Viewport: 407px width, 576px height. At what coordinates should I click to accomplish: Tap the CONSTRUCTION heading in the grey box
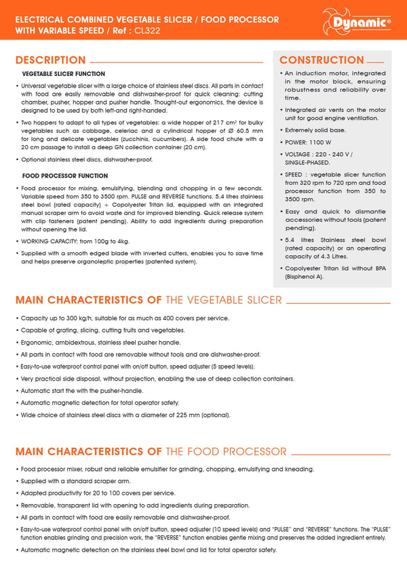(322, 60)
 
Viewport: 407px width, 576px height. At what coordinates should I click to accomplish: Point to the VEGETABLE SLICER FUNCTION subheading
(64, 73)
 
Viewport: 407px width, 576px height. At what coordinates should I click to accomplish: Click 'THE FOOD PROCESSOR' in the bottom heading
(226, 451)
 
